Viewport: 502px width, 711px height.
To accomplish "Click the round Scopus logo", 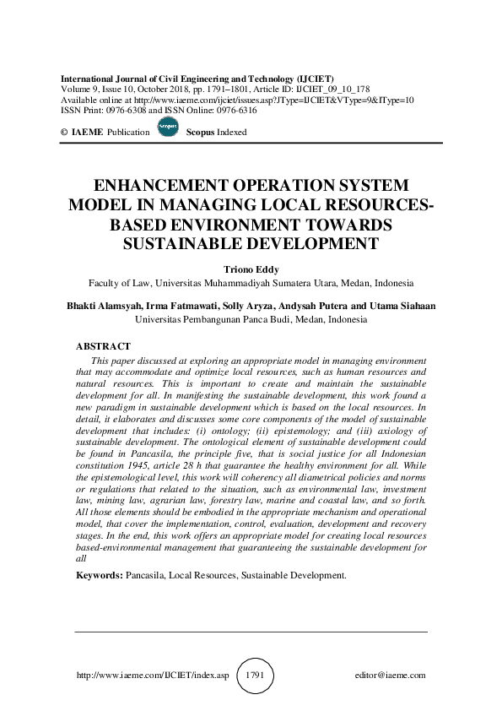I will click(x=168, y=128).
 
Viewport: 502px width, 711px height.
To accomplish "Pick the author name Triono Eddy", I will click(x=251, y=269).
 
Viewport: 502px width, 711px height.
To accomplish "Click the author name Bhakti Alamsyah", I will click(x=105, y=307).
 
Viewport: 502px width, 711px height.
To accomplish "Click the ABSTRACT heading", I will click(x=103, y=346).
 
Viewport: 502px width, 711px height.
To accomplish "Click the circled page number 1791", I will click(x=256, y=676).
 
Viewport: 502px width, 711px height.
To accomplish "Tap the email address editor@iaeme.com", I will click(x=390, y=676).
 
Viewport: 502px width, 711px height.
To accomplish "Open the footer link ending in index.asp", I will click(x=153, y=676).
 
